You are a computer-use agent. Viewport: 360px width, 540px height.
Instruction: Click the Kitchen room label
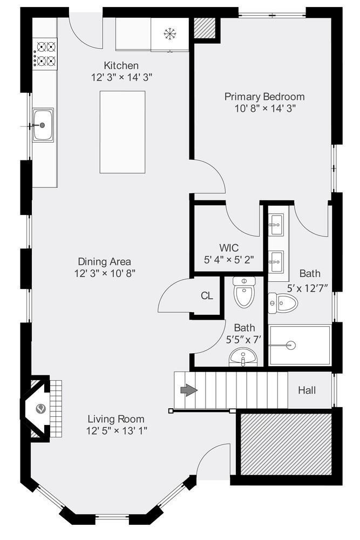pos(121,65)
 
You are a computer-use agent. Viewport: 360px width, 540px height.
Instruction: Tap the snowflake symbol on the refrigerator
pos(169,34)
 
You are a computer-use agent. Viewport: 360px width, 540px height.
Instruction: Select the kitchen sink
pos(43,125)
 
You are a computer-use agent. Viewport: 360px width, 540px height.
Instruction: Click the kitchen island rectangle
pos(122,132)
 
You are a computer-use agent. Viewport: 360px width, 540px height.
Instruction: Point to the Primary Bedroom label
pos(264,97)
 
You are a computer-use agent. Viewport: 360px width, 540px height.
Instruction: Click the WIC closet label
pos(229,248)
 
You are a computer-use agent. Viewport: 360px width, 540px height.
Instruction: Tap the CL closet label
pos(207,295)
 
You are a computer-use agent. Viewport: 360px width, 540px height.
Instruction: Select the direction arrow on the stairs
pos(189,390)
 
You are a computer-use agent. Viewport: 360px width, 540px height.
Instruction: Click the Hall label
pos(307,390)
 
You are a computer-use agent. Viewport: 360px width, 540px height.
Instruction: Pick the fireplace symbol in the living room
pos(41,409)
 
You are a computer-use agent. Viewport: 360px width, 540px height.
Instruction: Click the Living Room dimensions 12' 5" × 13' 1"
pos(117,430)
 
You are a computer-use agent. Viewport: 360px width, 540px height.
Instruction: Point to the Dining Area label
pos(105,261)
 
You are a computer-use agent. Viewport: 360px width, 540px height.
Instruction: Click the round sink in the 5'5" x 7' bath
pos(243,357)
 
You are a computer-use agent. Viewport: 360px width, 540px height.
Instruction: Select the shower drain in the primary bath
pos(291,345)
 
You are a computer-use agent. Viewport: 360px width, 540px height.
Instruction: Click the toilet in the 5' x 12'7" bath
pos(283,303)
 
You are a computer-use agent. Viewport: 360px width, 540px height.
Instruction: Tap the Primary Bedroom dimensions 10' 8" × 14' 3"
pos(266,109)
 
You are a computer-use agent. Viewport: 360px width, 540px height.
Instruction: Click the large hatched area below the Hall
pos(286,444)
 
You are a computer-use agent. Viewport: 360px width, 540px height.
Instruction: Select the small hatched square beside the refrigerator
pos(205,28)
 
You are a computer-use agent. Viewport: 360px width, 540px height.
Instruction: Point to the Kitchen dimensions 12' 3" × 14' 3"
pos(121,77)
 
